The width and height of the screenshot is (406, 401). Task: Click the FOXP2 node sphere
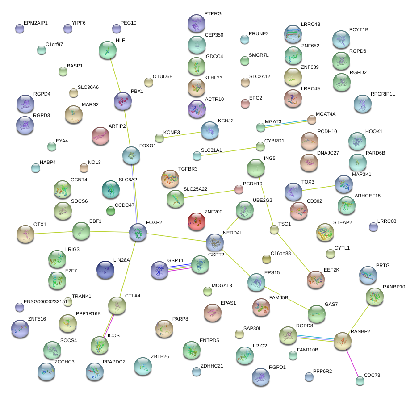(x=138, y=232)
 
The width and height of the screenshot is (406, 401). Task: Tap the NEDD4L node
(x=215, y=242)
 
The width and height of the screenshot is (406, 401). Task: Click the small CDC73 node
(x=360, y=381)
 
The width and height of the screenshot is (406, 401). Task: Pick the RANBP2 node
(x=343, y=341)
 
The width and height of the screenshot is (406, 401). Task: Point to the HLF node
(x=107, y=50)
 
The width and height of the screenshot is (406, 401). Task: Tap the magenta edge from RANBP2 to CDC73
(x=352, y=361)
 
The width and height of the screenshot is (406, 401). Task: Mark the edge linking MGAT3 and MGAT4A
(x=286, y=123)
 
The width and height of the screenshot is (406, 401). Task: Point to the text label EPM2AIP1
(x=36, y=22)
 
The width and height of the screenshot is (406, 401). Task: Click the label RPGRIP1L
(x=383, y=94)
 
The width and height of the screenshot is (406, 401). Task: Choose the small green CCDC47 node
(x=111, y=211)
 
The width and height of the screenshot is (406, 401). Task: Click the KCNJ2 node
(x=210, y=130)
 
